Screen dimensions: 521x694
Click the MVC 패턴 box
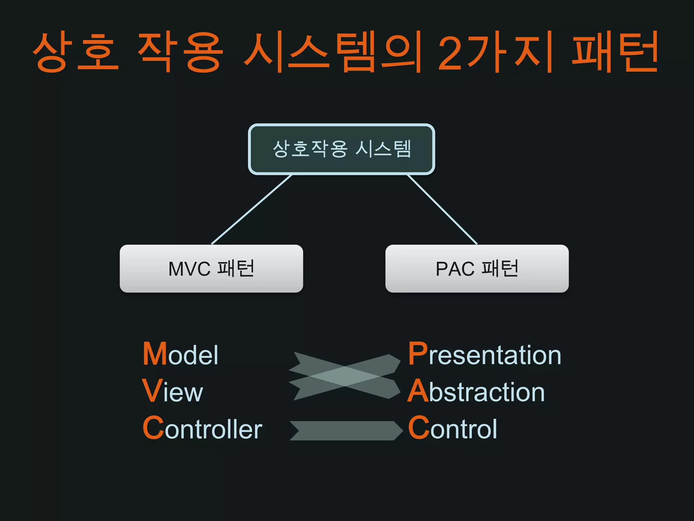211,269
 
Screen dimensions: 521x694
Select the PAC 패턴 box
477,269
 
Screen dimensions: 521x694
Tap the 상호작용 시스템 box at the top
341,149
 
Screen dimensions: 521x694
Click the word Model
181,354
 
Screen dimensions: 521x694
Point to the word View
173,391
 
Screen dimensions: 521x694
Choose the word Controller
202,428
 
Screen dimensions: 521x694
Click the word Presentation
485,354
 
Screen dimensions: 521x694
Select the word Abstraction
476,391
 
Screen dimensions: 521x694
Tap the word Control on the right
452,428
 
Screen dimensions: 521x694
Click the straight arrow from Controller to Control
346,430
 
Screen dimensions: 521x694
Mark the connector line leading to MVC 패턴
251,210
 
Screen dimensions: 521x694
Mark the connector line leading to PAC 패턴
442,210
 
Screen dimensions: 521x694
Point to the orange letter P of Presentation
418,353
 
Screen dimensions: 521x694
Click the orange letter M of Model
155,354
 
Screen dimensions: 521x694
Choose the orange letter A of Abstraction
418,391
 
